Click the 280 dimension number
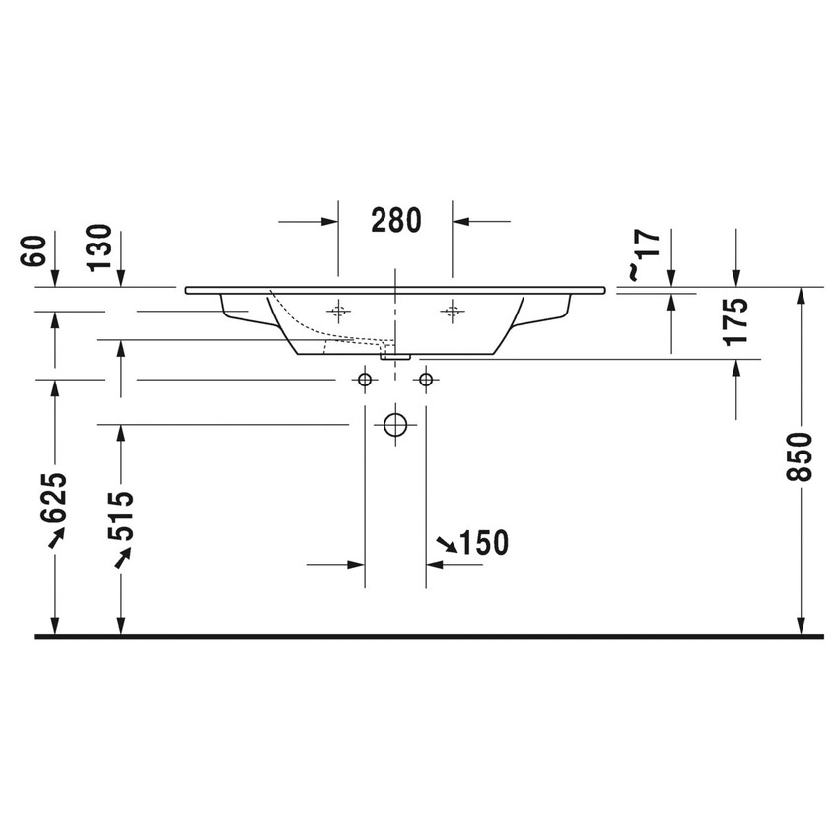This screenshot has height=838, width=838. (x=395, y=220)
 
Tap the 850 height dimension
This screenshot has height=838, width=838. (x=803, y=455)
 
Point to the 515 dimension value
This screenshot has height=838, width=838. (x=121, y=516)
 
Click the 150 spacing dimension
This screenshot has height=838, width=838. (x=483, y=542)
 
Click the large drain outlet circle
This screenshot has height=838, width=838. (x=395, y=425)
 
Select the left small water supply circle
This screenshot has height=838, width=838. (x=365, y=379)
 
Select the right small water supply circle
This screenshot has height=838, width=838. (x=426, y=379)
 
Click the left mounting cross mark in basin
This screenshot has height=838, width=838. (x=338, y=312)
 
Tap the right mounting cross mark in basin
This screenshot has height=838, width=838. (x=453, y=312)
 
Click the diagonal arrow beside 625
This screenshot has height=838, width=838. (x=55, y=535)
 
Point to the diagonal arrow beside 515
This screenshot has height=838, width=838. (x=122, y=558)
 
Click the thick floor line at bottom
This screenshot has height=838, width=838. (x=428, y=637)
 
